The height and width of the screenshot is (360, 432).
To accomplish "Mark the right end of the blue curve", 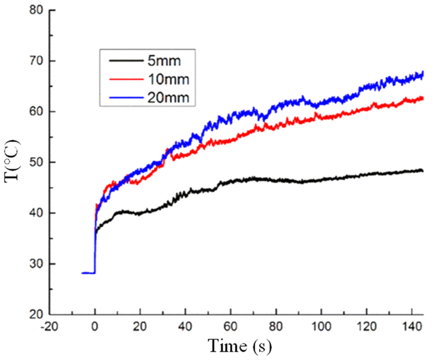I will click(x=423, y=74).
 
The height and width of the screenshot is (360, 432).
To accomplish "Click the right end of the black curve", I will click(x=423, y=171).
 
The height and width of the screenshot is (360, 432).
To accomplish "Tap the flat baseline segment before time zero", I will click(x=88, y=272).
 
